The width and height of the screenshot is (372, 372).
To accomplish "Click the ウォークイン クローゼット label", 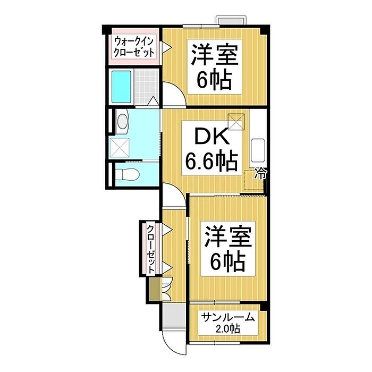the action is click(134, 47).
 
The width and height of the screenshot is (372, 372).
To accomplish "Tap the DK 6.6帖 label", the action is click(210, 150).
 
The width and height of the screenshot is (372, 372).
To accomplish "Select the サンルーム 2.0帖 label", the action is click(228, 323).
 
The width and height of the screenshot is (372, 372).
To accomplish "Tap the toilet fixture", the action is click(126, 174).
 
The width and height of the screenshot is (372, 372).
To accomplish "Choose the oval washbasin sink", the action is click(121, 122).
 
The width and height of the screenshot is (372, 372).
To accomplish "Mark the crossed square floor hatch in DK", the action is click(235, 121).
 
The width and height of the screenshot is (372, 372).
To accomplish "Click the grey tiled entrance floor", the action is click(171, 316).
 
